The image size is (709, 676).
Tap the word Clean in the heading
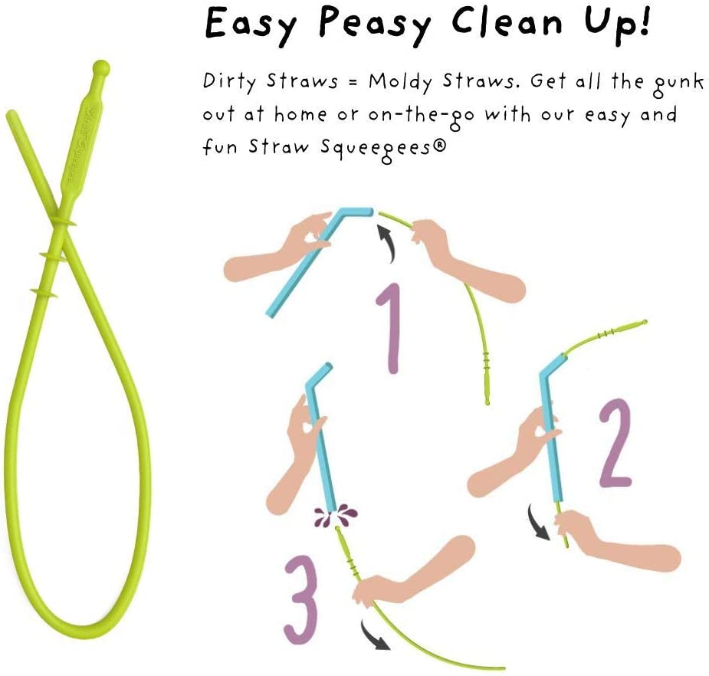point(507,21)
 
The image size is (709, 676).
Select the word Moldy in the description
point(400,82)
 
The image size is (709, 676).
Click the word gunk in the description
point(678,84)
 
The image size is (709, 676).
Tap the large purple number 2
point(615,443)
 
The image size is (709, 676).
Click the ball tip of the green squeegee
point(101,67)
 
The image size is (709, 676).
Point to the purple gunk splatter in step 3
point(336,514)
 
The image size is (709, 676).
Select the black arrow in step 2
point(538,523)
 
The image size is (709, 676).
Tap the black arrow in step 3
point(374,635)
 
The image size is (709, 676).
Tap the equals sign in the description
point(353,83)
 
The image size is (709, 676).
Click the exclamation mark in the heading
point(645,21)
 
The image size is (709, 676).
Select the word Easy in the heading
point(251,25)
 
